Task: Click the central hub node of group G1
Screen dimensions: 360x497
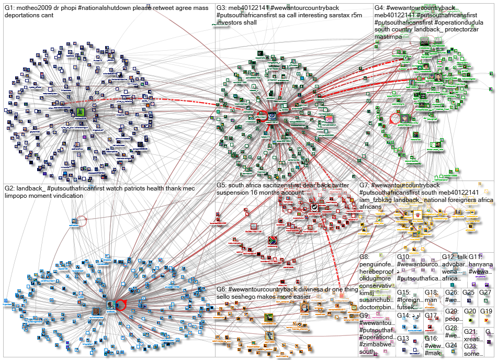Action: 80,111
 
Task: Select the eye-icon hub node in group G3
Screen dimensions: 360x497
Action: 272,115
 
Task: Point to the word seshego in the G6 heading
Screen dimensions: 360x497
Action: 238,297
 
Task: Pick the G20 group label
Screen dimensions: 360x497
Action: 470,311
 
